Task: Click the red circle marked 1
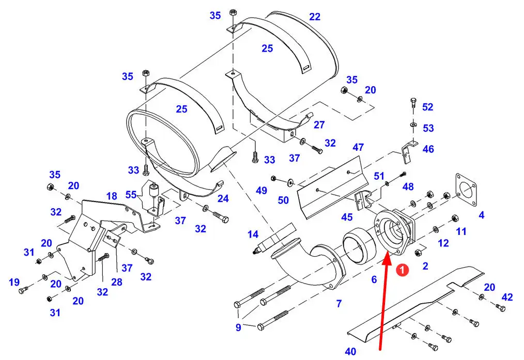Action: (403, 270)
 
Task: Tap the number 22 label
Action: (315, 17)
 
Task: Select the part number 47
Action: (358, 147)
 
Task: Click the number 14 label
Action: (253, 234)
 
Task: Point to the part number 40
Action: (350, 351)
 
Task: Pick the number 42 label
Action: (507, 297)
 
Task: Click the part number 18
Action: (112, 196)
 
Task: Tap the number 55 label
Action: (131, 194)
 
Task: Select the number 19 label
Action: (14, 283)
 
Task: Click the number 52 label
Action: (428, 107)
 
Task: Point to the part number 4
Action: (481, 215)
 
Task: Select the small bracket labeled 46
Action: (409, 151)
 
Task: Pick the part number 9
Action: (238, 327)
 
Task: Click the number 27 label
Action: (319, 124)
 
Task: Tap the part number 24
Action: (223, 198)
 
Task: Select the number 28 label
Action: (117, 282)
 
